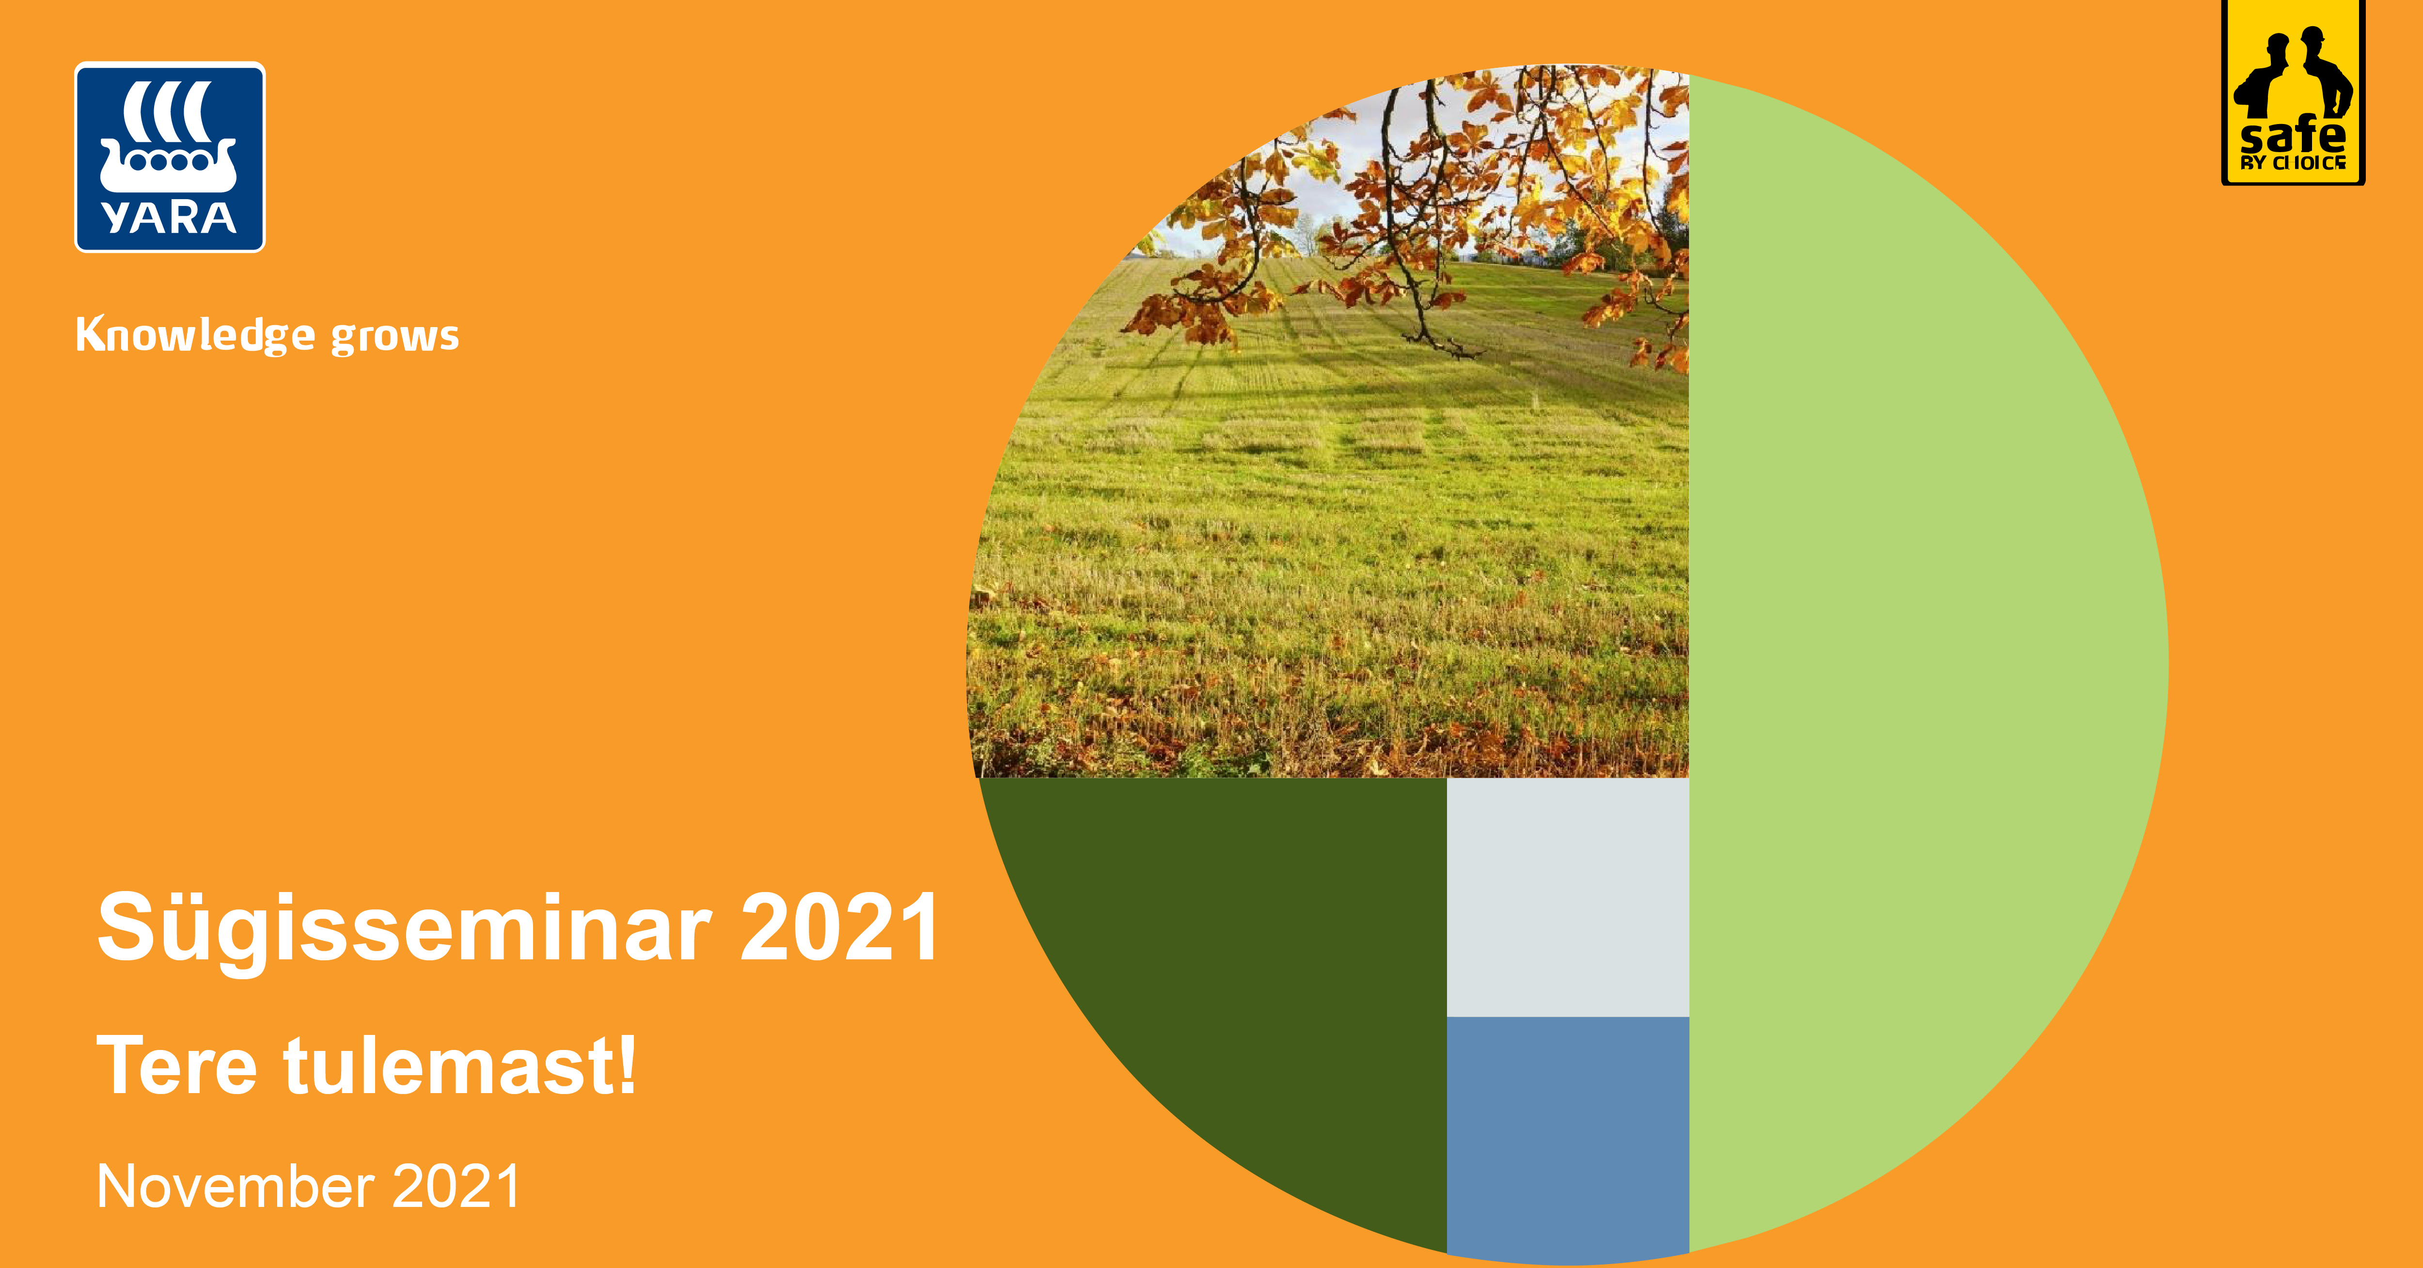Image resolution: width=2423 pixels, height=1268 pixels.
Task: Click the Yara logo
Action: pyautogui.click(x=169, y=157)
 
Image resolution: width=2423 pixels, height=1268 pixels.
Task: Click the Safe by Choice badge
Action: pyautogui.click(x=2293, y=92)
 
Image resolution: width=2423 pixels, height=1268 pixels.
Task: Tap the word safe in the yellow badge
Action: pyautogui.click(x=2293, y=137)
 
